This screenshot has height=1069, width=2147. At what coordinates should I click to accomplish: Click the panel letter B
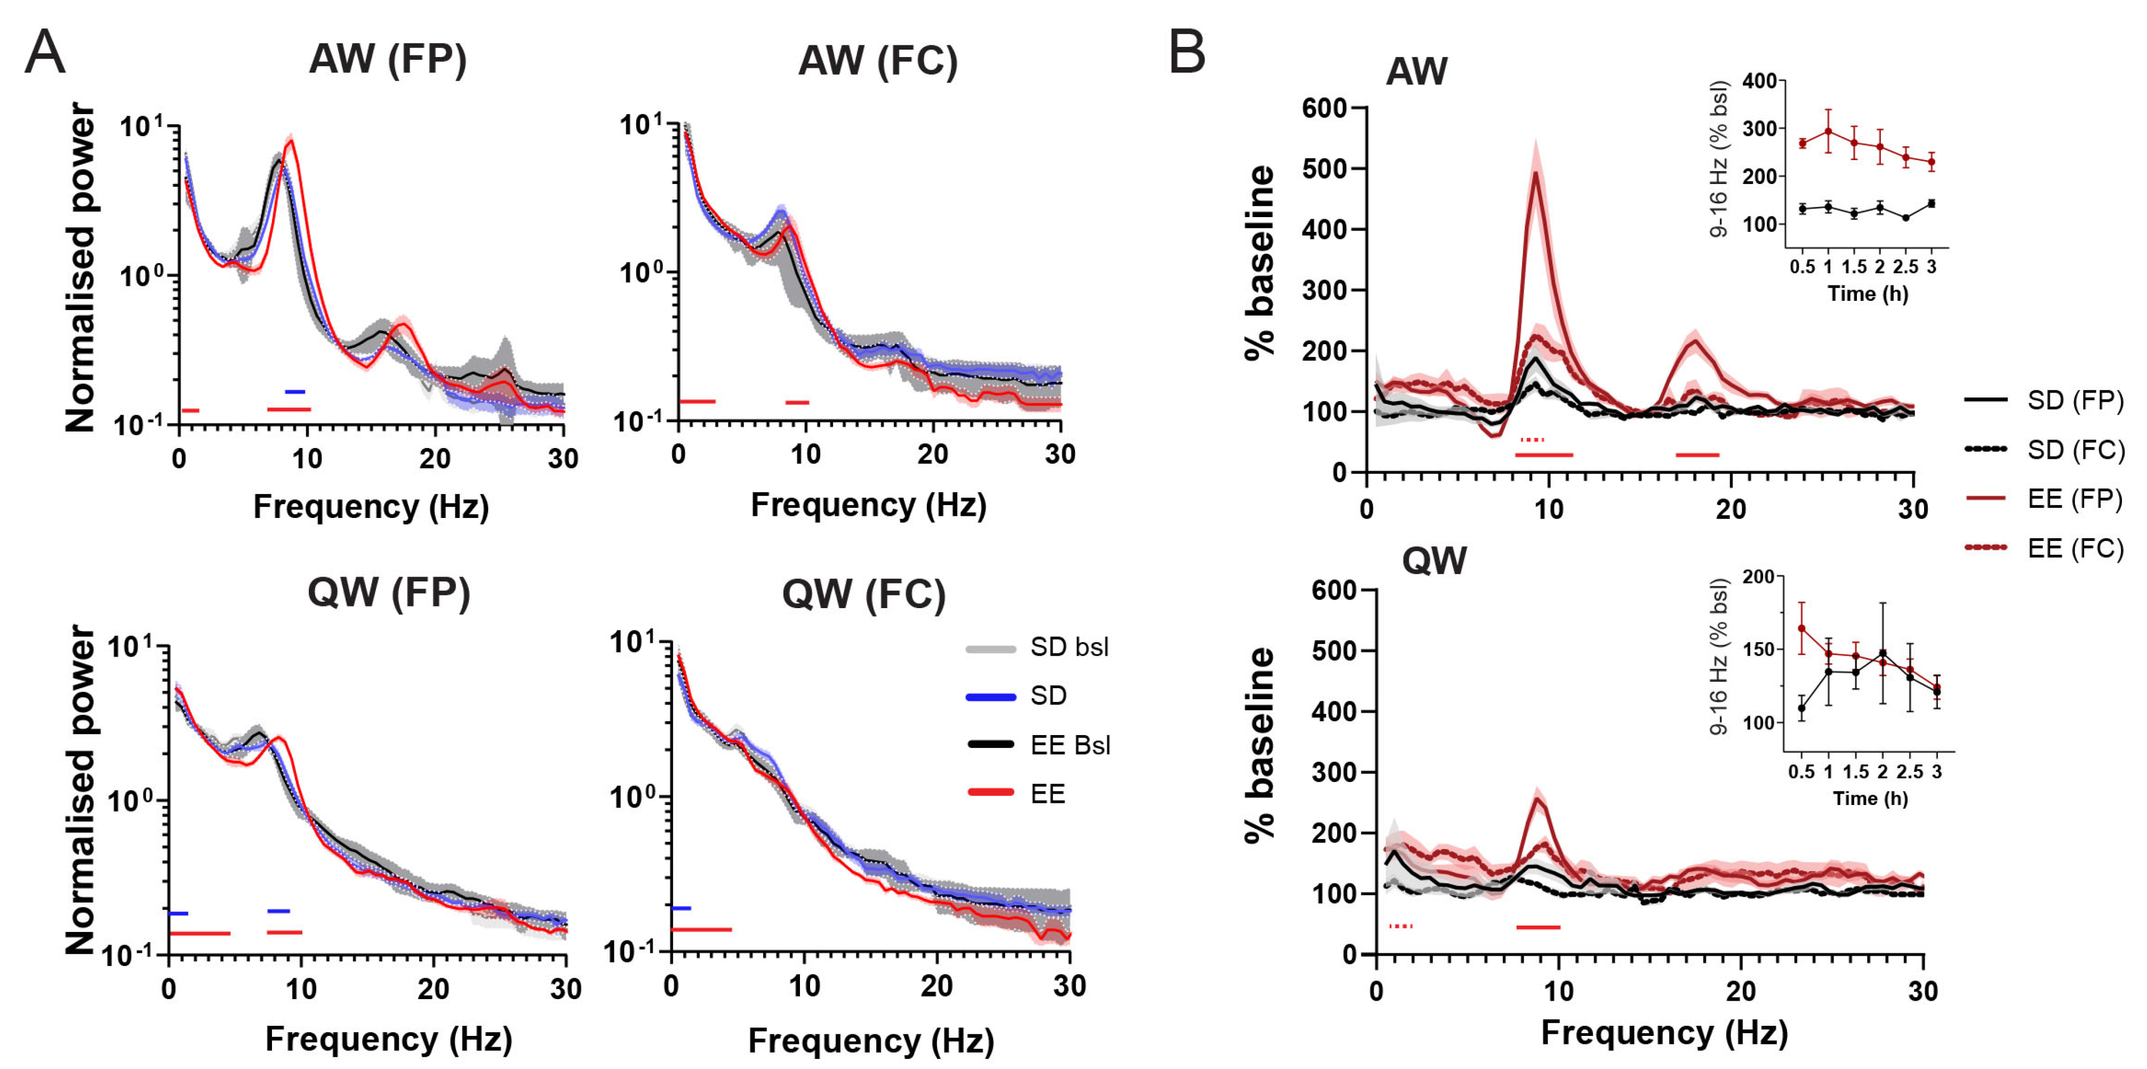1187,52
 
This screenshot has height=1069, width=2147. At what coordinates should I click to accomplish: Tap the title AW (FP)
388,59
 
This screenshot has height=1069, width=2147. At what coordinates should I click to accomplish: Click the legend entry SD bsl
1069,648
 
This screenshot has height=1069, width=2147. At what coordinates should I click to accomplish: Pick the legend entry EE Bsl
1070,745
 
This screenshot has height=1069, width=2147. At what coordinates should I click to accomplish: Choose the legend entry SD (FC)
2076,450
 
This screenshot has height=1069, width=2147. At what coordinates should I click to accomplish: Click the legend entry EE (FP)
2076,499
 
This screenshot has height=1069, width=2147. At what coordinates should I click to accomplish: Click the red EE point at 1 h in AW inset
1828,131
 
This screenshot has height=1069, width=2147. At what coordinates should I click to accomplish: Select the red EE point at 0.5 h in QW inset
1801,628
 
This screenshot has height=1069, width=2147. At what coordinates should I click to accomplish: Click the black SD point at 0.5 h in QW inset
1801,709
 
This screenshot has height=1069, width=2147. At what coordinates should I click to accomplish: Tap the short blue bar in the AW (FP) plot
295,391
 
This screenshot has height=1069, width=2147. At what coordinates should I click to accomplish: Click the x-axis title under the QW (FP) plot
388,1039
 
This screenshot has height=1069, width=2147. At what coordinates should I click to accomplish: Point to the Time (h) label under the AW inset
1868,293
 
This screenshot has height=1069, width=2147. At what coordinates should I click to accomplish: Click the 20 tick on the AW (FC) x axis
933,455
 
